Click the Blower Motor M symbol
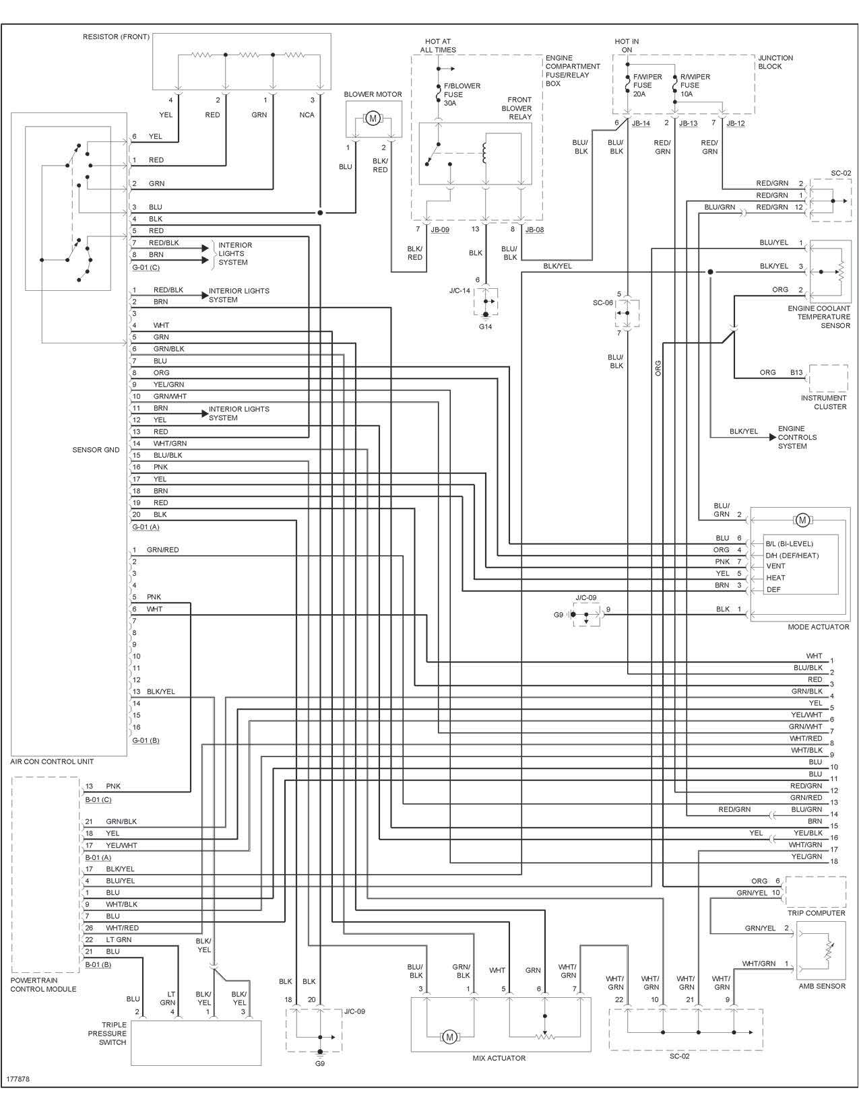tap(373, 119)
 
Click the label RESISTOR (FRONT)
tap(116, 37)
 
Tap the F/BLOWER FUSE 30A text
tap(462, 94)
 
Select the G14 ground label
tap(486, 326)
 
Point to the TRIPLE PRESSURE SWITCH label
tap(107, 1034)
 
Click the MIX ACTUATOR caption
tap(499, 1058)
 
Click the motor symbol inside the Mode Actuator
tap(802, 520)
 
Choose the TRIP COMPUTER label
tap(816, 913)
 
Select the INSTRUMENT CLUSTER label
tap(823, 402)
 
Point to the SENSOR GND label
tap(96, 450)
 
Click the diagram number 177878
tap(18, 1079)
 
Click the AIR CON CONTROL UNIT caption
tap(52, 762)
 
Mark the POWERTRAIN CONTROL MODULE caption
tap(43, 984)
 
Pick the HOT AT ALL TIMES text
tap(438, 46)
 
